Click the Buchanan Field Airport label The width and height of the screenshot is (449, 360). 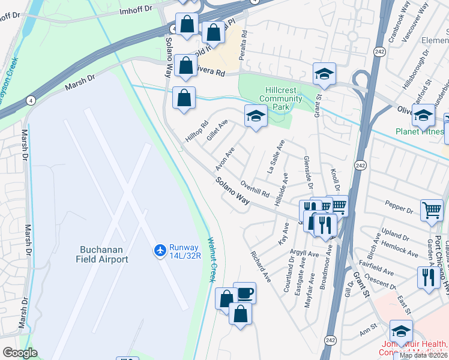[x=102, y=254]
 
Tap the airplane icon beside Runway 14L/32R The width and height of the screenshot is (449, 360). [x=160, y=249]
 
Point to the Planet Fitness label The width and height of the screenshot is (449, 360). [x=419, y=131]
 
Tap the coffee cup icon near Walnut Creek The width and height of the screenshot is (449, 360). [x=244, y=293]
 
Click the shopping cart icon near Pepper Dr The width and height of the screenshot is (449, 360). [x=432, y=211]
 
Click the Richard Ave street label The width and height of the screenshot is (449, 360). [x=262, y=266]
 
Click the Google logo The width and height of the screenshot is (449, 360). [x=20, y=352]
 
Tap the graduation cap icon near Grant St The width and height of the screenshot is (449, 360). [x=324, y=74]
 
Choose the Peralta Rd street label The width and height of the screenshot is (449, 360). [x=244, y=43]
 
